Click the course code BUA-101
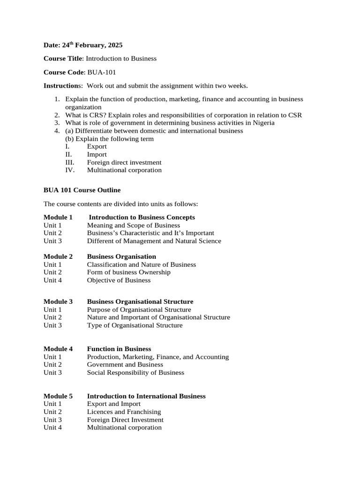[x=102, y=72]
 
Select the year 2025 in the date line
[x=115, y=45]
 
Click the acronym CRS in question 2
[x=97, y=115]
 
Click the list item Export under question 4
[x=97, y=146]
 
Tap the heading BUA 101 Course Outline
[x=82, y=190]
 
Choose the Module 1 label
[x=58, y=217]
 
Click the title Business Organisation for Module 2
[x=121, y=256]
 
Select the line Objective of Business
[x=119, y=280]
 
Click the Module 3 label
[x=58, y=301]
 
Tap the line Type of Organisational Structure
[x=135, y=325]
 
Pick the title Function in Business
[x=119, y=349]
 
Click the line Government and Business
[x=125, y=365]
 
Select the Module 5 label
[x=58, y=396]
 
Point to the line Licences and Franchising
[x=124, y=412]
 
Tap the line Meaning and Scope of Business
[x=133, y=225]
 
